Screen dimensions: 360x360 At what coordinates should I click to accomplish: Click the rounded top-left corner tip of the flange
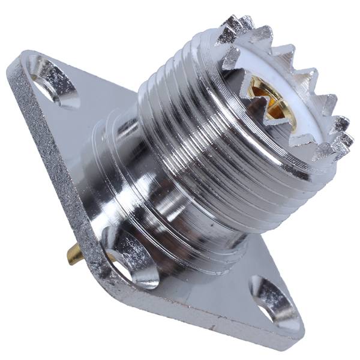pos(18,60)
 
